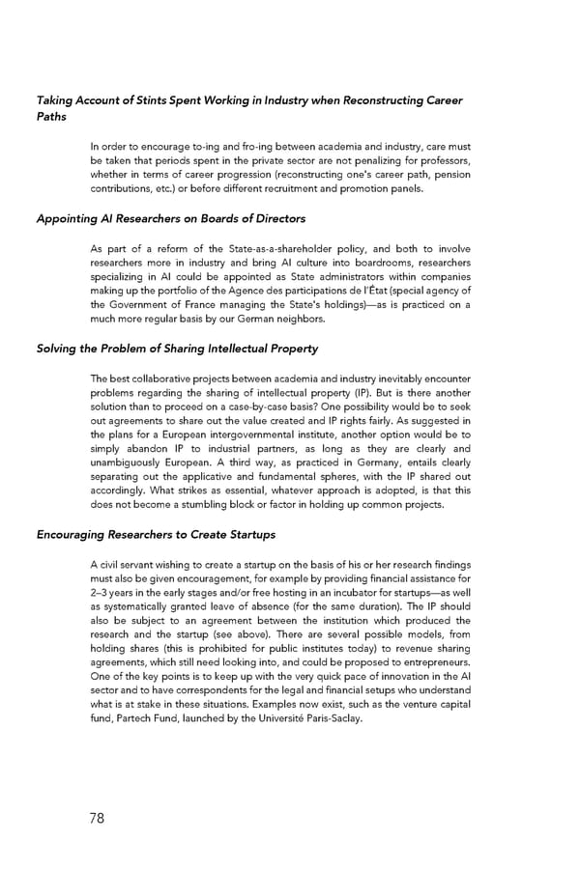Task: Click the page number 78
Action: point(97,819)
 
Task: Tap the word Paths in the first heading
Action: point(51,117)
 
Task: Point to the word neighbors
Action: point(299,318)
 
